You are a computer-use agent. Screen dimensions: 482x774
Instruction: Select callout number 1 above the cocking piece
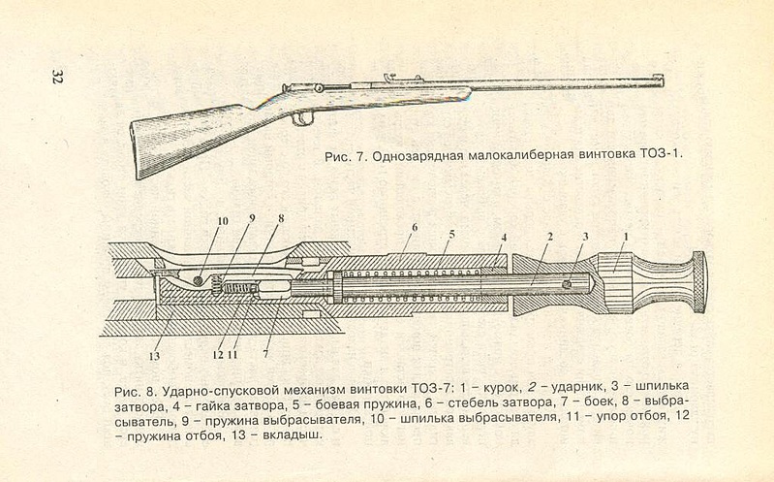point(627,236)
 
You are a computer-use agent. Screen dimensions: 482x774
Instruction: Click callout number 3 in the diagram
point(584,236)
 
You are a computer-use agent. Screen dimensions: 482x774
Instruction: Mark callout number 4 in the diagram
point(504,236)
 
